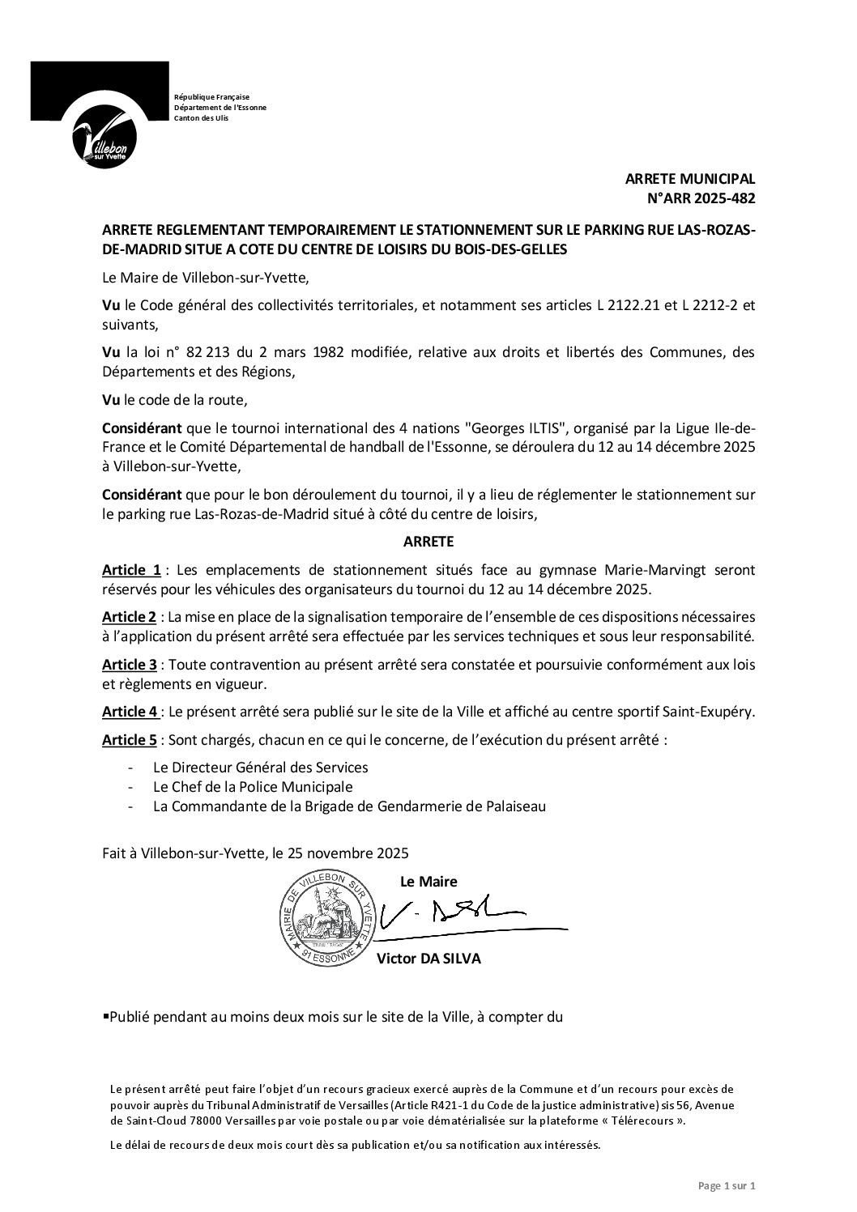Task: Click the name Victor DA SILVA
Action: (x=429, y=959)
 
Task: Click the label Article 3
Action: (x=130, y=665)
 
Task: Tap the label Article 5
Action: (x=130, y=741)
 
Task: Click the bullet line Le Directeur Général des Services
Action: (x=260, y=767)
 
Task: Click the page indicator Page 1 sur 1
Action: (x=727, y=1186)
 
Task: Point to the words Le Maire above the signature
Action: (x=428, y=881)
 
